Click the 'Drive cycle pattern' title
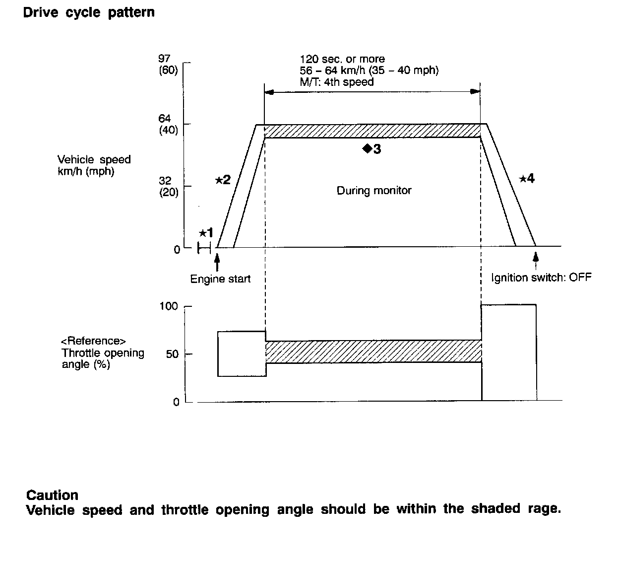[89, 12]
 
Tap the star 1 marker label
[206, 232]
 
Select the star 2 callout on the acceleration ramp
[223, 180]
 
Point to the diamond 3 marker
[371, 148]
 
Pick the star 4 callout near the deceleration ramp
[527, 179]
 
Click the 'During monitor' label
[374, 190]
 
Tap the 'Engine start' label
[220, 279]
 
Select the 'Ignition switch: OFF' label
[541, 278]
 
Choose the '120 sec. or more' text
[342, 59]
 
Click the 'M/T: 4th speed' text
[336, 82]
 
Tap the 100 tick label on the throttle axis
[169, 306]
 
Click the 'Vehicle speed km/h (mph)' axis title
[94, 166]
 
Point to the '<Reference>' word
[93, 341]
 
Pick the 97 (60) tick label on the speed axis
[168, 65]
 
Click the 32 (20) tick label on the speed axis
[168, 187]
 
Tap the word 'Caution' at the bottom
[52, 495]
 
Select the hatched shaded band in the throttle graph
[373, 352]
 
